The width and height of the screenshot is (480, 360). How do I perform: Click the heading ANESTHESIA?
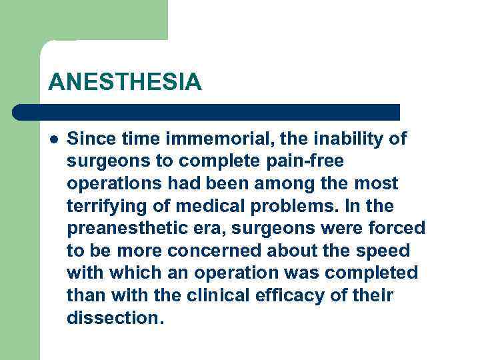click(x=125, y=82)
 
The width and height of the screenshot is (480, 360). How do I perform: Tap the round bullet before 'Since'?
click(x=53, y=139)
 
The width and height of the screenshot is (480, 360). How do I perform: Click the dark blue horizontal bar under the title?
click(x=207, y=112)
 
